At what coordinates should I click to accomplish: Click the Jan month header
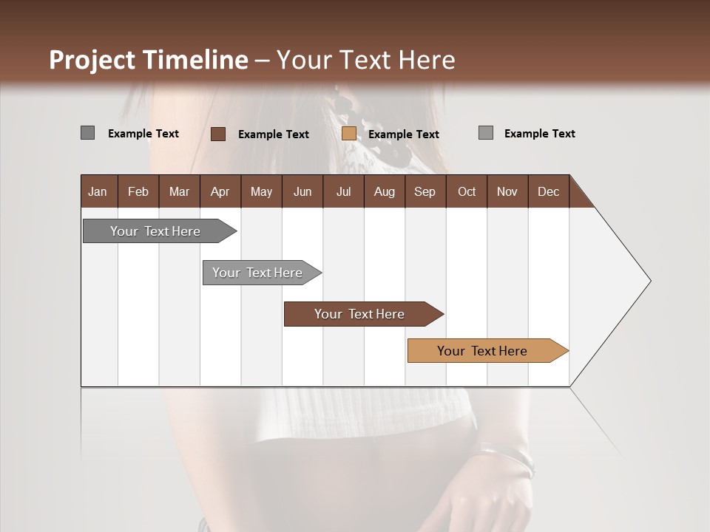tap(98, 191)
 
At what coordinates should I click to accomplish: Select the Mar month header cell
tap(179, 191)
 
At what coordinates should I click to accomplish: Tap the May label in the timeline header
tap(261, 191)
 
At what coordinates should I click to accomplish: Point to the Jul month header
tap(343, 191)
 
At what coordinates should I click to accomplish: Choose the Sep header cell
tap(425, 191)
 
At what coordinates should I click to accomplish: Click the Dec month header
tap(548, 191)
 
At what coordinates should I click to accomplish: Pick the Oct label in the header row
tap(467, 191)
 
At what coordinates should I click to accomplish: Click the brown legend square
tap(218, 134)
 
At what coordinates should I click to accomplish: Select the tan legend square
tap(349, 134)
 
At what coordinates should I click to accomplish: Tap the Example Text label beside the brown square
tap(273, 134)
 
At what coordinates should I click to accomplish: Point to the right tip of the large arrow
tap(649, 281)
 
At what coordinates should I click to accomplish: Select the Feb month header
tap(138, 191)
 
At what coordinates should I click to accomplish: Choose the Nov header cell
tap(507, 191)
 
